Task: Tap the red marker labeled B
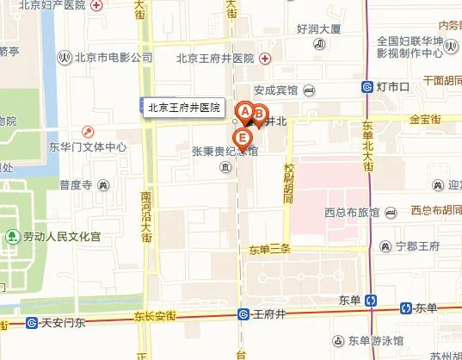(257, 112)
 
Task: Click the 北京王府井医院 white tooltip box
(184, 109)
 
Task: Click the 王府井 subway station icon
(244, 315)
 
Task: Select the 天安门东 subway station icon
(32, 324)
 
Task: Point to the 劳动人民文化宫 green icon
(13, 235)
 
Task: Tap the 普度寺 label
(76, 183)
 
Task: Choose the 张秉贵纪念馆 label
(225, 151)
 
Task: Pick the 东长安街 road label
(155, 316)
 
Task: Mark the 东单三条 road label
(270, 250)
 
